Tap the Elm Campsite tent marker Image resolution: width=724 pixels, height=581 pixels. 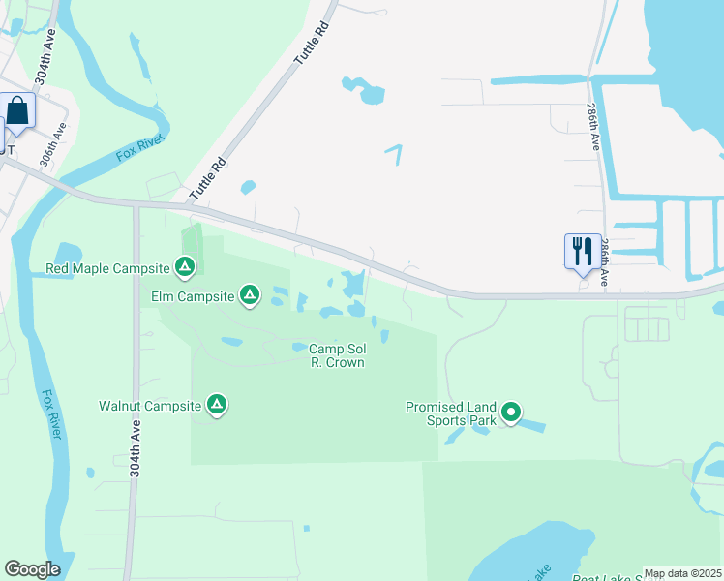click(250, 294)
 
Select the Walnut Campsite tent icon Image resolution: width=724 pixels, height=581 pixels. click(217, 405)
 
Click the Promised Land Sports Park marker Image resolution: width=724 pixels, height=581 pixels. click(510, 414)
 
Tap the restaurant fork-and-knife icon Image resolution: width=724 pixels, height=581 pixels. click(582, 252)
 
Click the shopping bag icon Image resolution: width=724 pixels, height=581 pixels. click(18, 110)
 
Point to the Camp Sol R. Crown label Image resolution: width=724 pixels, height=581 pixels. click(337, 355)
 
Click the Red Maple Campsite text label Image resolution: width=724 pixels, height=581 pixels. click(107, 267)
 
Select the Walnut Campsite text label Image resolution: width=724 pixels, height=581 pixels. click(151, 406)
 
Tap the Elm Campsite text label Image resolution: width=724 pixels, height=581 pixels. click(193, 295)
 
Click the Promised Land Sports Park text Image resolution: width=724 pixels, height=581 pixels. click(451, 413)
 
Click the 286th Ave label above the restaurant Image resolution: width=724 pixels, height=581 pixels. click(594, 127)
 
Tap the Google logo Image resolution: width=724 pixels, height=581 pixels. click(32, 569)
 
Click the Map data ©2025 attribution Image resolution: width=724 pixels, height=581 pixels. click(682, 573)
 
